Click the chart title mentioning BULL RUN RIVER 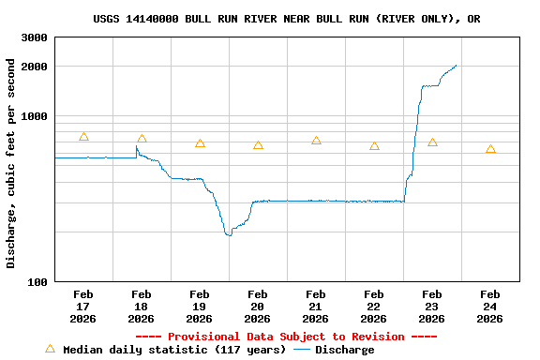click(287, 19)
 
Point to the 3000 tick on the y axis click(35, 37)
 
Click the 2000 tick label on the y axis click(35, 67)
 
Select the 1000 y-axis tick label click(35, 116)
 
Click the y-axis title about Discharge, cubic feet click(11, 163)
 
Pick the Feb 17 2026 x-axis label click(83, 307)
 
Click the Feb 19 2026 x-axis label click(200, 307)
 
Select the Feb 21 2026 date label click(316, 307)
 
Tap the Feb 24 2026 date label click(490, 307)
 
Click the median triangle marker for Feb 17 click(83, 137)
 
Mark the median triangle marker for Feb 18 click(142, 139)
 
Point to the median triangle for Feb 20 click(258, 145)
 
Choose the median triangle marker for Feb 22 click(374, 146)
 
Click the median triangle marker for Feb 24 click(490, 149)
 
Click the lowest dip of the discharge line click(228, 234)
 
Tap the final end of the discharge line click(456, 66)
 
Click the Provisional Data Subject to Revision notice click(286, 337)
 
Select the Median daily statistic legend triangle click(51, 349)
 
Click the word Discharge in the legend click(344, 350)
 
